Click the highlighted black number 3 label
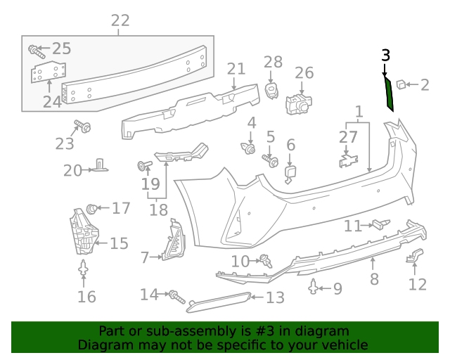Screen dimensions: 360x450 click(x=385, y=55)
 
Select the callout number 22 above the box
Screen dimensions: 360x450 click(x=120, y=21)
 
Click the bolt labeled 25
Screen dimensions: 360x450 click(x=36, y=51)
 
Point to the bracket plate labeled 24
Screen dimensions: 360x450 click(x=48, y=74)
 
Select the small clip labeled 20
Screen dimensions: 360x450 click(x=101, y=165)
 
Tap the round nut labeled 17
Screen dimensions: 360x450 click(x=91, y=208)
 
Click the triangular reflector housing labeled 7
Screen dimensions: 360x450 click(x=172, y=243)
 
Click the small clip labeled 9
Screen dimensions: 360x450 click(x=314, y=286)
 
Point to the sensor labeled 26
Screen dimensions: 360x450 click(x=298, y=103)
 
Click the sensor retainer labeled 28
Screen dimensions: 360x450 click(x=273, y=89)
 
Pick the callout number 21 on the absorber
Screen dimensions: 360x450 click(x=236, y=69)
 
